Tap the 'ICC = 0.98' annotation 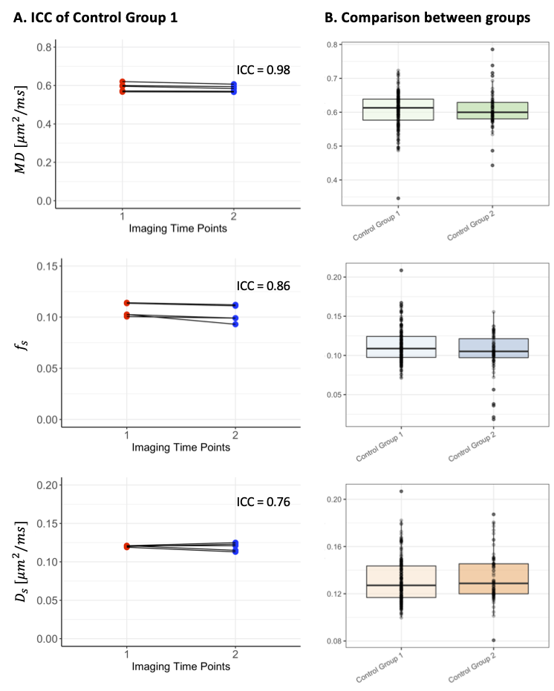pyautogui.click(x=262, y=71)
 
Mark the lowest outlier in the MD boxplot pyautogui.click(x=398, y=198)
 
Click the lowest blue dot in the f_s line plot pyautogui.click(x=235, y=324)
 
